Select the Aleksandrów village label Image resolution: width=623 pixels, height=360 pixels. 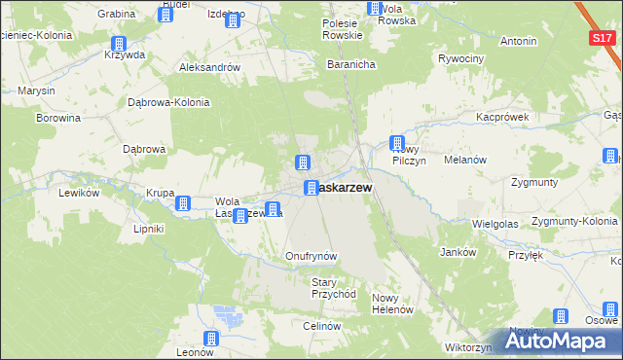click(209, 67)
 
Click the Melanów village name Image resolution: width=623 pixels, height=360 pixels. click(463, 159)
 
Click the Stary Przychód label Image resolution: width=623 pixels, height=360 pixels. click(334, 287)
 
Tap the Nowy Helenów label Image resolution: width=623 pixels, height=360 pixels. click(393, 304)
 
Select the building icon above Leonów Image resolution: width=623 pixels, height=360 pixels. click(211, 338)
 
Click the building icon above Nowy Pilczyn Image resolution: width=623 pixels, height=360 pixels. click(397, 143)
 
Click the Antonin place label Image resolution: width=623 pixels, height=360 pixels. click(518, 42)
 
